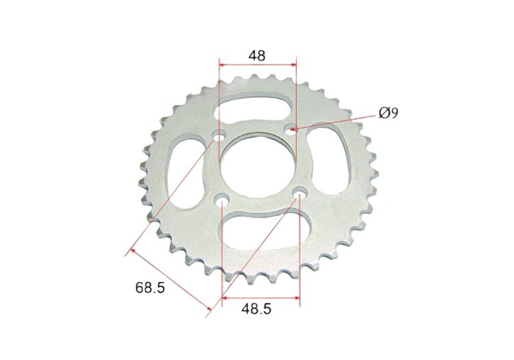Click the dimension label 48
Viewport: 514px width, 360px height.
pos(257,55)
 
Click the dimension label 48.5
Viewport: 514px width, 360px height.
pos(256,309)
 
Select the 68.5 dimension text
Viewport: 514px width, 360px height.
pos(149,288)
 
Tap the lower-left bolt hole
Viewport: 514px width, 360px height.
pos(221,200)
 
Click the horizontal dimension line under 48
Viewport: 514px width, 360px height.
pos(257,65)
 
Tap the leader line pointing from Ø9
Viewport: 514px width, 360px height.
pos(336,121)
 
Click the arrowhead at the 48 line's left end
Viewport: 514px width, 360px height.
pos(221,65)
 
